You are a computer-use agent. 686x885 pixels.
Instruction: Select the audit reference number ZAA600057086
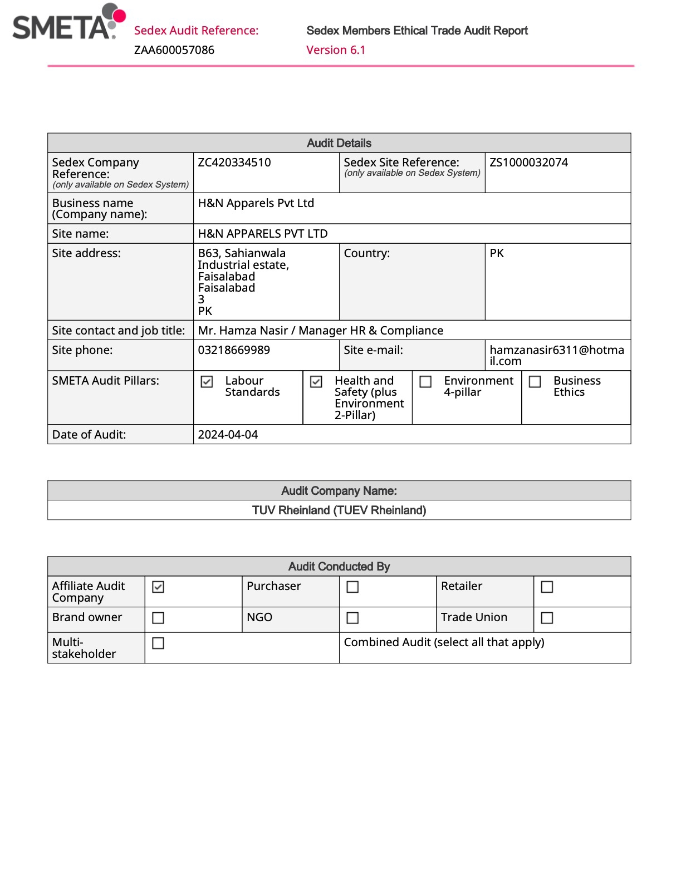click(174, 50)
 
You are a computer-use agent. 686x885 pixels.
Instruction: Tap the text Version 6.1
click(336, 50)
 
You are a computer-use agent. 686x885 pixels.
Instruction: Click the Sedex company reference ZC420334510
click(234, 163)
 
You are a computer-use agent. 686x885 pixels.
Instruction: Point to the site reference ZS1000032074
click(529, 163)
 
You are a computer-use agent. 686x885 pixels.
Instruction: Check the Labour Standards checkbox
click(207, 382)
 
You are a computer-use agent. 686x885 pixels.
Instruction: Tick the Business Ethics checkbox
click(535, 382)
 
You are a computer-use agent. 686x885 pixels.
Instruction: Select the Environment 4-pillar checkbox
click(425, 382)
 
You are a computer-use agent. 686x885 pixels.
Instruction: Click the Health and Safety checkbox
click(316, 382)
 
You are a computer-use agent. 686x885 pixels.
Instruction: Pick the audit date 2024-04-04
click(228, 435)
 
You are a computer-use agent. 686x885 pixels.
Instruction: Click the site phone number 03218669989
click(234, 350)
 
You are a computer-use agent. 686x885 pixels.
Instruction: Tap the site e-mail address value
click(557, 355)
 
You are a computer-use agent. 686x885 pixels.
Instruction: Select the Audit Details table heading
click(339, 143)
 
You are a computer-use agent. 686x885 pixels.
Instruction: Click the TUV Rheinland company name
click(339, 510)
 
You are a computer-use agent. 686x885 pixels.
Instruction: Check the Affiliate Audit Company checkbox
click(158, 587)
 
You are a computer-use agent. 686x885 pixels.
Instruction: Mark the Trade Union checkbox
click(547, 618)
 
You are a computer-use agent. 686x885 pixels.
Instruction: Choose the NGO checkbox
click(352, 618)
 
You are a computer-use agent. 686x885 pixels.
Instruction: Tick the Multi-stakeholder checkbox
click(158, 643)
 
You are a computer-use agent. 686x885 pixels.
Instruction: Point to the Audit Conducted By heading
click(339, 567)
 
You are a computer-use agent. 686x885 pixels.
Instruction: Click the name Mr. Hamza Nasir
click(243, 331)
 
